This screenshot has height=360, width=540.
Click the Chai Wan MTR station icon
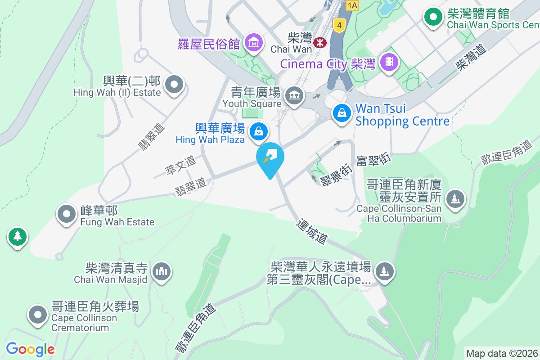[320, 42]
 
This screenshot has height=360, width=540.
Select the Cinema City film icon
[389, 62]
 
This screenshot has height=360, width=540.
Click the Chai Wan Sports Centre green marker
[433, 18]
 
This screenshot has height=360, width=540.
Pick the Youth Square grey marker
[295, 95]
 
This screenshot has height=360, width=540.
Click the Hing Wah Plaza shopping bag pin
[259, 131]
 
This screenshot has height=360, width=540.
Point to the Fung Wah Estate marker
[67, 214]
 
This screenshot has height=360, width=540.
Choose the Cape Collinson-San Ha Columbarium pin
[455, 198]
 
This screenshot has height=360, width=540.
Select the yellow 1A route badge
[352, 5]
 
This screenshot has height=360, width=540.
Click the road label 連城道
[311, 232]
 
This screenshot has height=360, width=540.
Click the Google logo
[30, 349]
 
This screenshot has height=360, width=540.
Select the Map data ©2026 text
[502, 353]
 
